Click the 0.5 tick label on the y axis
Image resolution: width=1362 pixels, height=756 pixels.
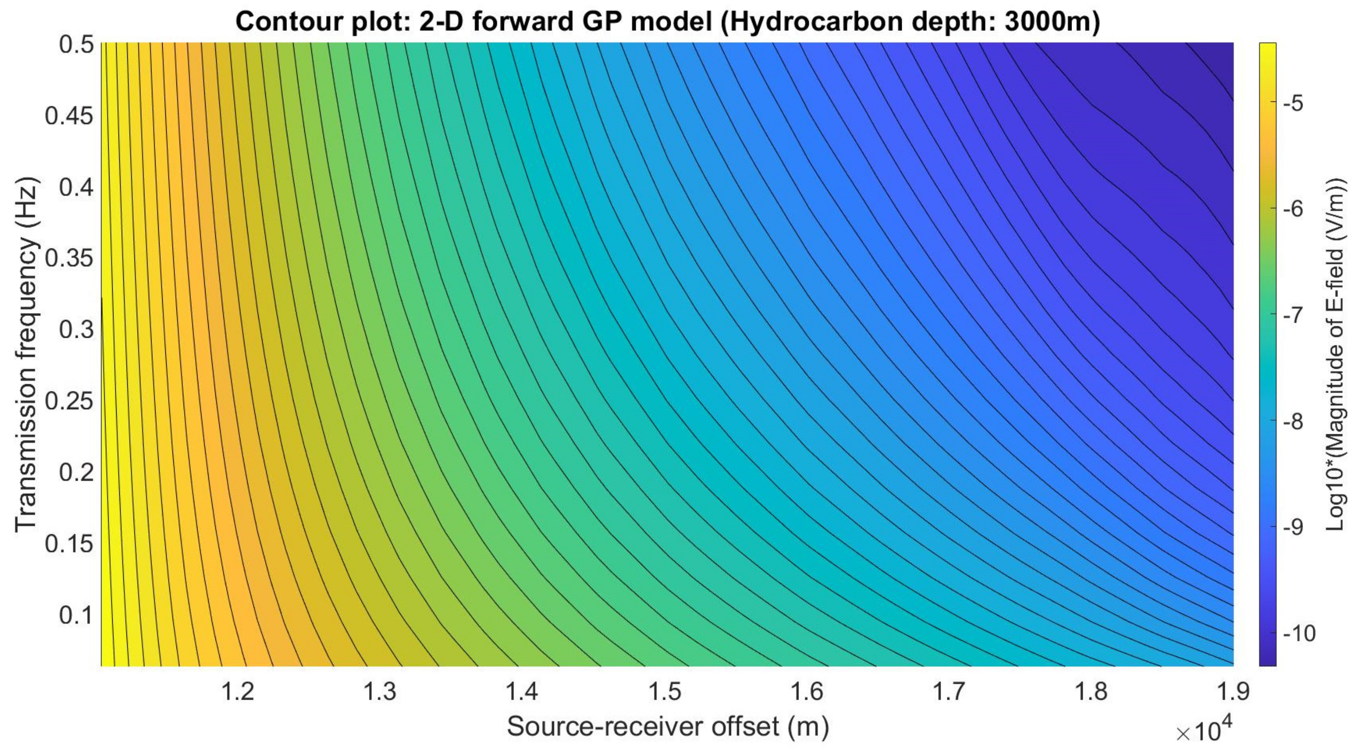pos(76,45)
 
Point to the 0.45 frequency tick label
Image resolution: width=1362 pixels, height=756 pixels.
pos(69,116)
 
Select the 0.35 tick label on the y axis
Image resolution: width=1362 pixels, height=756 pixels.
pos(69,259)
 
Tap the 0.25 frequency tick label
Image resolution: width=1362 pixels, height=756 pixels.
pos(69,401)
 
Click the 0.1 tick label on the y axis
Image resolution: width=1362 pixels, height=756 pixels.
pos(76,615)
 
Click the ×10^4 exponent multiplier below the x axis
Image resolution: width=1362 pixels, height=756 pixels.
pos(1203,731)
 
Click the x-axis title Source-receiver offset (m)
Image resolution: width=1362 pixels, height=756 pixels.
pos(667,727)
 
